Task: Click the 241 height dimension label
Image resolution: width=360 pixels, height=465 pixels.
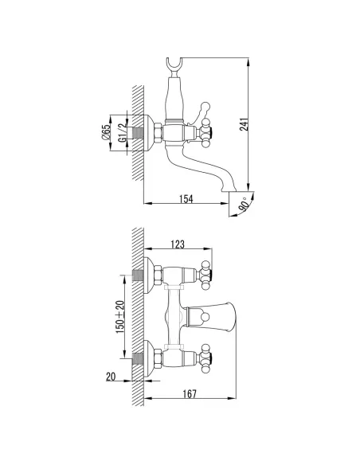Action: click(x=244, y=124)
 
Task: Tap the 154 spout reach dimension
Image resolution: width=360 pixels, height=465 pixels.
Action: click(x=186, y=199)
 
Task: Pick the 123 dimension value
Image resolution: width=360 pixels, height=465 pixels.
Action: click(x=178, y=244)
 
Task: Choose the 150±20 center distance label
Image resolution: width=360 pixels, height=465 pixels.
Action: click(x=119, y=317)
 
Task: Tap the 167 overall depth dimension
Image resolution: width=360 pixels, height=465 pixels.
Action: click(x=190, y=393)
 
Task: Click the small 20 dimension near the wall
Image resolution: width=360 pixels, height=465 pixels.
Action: click(x=111, y=377)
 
